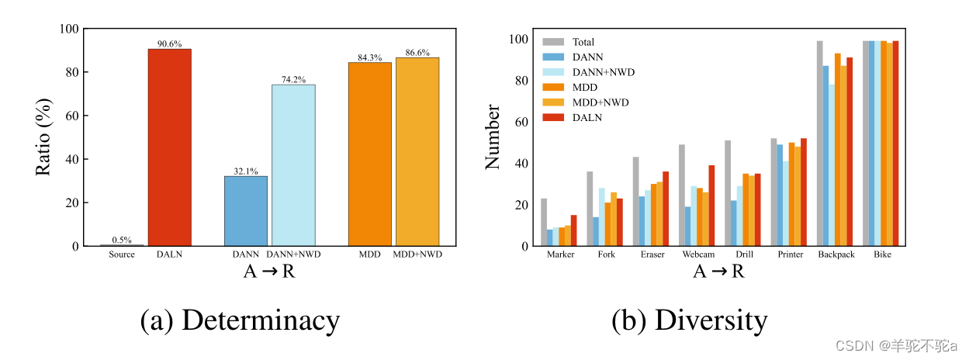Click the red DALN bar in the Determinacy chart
pos(169,147)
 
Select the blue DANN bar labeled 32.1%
pos(246,211)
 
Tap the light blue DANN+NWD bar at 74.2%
pos(293,165)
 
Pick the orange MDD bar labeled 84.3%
pos(369,154)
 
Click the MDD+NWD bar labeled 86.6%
pos(417,151)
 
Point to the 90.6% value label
pos(169,44)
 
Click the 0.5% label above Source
pos(121,240)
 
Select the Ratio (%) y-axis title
pos(44,137)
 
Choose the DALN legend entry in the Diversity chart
pos(587,117)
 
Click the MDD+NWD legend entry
pos(599,102)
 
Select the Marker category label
pos(560,254)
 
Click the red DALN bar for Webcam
pos(711,206)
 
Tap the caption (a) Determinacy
pos(240,320)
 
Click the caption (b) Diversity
pos(689,320)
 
